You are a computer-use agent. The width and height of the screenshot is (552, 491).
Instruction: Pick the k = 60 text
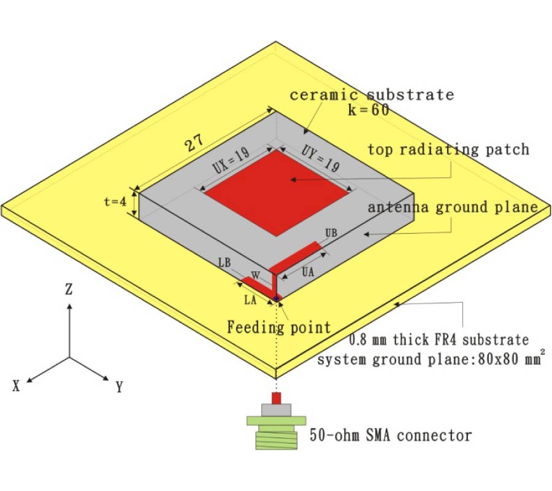pos(366,110)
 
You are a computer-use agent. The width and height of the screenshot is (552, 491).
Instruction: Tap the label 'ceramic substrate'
pos(372,95)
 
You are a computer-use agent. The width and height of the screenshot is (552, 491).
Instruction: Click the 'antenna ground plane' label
pos(453,207)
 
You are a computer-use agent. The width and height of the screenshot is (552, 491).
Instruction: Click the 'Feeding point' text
pos(279,327)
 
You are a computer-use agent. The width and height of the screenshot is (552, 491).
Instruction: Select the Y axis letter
pos(120,387)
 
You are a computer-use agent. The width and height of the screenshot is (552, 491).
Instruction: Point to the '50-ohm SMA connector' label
pos(391,436)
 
